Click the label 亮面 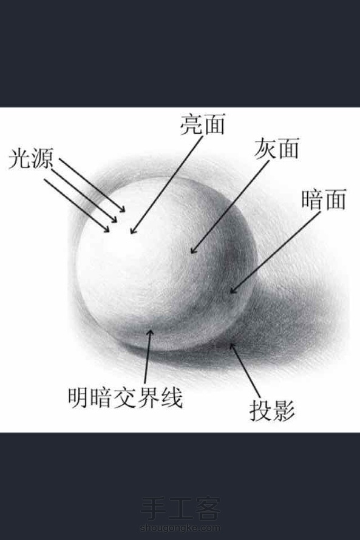click(203, 124)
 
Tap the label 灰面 click(277, 149)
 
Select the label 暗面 click(324, 199)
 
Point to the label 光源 click(31, 158)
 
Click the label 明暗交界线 click(125, 398)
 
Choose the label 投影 click(272, 410)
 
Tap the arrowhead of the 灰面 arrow click(193, 251)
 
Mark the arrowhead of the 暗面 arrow click(233, 290)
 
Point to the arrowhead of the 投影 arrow click(233, 346)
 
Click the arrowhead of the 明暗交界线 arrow click(150, 333)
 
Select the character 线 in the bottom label click(171, 398)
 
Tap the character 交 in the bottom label click(125, 398)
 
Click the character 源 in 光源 click(42, 158)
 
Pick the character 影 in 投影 click(284, 410)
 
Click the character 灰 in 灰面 click(265, 149)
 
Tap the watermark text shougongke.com click(180, 528)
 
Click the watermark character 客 click(207, 508)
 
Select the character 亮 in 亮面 click(191, 124)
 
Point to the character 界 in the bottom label click(148, 398)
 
